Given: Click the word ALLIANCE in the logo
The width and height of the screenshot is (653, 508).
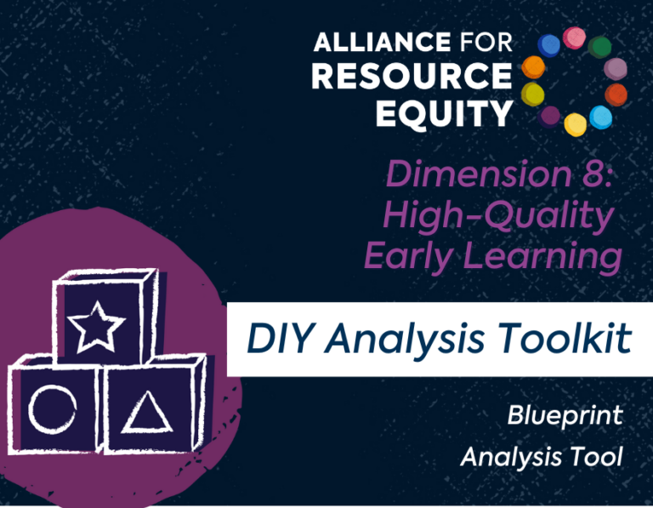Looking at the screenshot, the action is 382,42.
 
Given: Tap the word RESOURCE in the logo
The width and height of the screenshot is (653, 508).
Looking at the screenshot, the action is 412,77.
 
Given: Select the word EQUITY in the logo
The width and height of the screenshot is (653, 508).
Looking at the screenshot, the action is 444,113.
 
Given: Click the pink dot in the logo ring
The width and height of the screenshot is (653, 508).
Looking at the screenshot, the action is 574,38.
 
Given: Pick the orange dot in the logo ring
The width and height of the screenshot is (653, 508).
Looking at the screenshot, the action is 533,67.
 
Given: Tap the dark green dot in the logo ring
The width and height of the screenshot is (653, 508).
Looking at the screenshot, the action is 599,47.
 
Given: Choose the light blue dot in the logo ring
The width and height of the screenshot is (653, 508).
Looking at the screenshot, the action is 601,117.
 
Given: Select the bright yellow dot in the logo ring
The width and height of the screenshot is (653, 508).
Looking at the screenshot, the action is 576,124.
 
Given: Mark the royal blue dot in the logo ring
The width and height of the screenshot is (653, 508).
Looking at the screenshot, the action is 549,45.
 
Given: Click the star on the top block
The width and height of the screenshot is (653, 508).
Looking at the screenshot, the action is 96,327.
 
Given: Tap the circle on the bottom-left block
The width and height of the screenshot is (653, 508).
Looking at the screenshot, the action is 53,409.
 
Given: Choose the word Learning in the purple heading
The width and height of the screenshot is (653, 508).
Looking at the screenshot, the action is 542,257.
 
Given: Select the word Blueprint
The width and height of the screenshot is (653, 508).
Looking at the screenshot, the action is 565,416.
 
